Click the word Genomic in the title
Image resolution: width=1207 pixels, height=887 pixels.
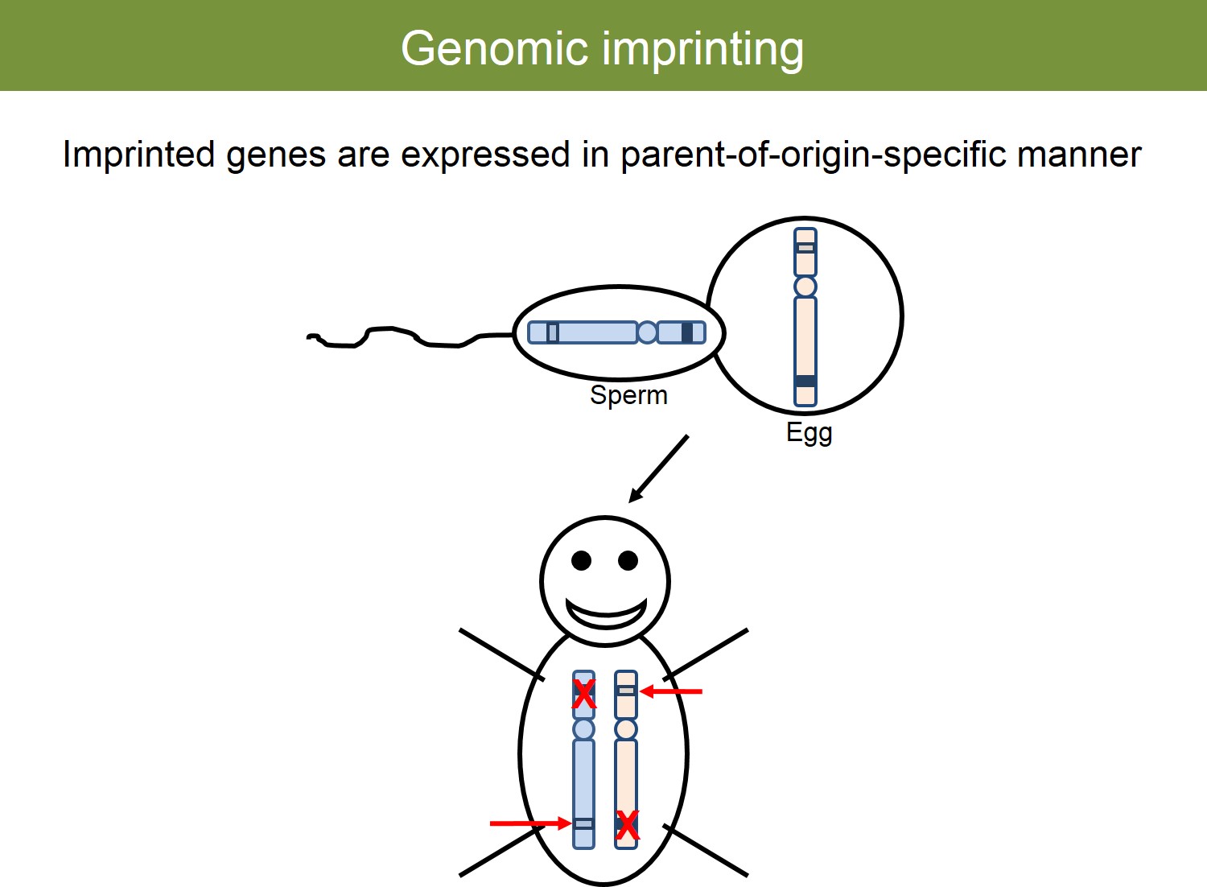(494, 49)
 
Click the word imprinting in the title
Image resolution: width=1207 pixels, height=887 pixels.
(702, 50)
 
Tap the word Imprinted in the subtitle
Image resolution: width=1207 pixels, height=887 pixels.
(139, 155)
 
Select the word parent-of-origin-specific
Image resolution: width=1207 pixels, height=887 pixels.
(813, 155)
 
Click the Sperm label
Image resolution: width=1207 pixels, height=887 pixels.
(628, 396)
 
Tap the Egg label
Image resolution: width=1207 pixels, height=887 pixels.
(809, 433)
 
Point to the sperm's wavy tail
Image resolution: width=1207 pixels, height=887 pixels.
(410, 337)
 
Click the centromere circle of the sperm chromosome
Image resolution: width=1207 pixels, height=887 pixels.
(647, 332)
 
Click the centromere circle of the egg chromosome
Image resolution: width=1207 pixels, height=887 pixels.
(805, 287)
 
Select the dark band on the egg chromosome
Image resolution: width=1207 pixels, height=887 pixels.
(805, 381)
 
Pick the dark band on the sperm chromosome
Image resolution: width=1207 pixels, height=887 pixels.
(687, 332)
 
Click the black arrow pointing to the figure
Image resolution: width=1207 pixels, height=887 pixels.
(658, 468)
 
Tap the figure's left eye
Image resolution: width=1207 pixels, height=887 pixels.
(582, 560)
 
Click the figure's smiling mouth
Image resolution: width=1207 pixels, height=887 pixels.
(606, 616)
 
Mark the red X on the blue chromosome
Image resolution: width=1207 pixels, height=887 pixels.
(583, 694)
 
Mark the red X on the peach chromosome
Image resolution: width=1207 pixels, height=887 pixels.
(627, 826)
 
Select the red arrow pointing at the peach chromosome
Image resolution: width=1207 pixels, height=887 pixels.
(671, 691)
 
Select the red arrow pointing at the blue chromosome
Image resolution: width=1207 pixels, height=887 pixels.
(531, 823)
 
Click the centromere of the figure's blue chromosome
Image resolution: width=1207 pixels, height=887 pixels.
(583, 729)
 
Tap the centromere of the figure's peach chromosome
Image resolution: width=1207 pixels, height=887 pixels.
(626, 729)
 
